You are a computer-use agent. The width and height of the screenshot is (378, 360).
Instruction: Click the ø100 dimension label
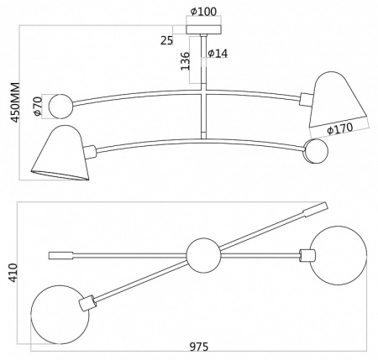203,12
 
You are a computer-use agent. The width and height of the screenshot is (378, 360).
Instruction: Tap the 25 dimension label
167,41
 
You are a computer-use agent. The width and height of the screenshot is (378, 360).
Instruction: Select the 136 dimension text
185,61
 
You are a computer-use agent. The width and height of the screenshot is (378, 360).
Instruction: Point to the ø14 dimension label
218,53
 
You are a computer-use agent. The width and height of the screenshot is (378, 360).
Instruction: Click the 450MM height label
15,102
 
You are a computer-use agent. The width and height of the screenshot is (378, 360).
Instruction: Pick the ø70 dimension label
37,106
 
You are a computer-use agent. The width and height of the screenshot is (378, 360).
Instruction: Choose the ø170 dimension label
340,128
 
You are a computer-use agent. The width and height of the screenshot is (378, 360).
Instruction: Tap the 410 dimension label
13,273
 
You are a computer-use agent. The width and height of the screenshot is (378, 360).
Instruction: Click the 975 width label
199,347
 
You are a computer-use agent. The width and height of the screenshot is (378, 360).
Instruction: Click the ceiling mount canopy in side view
204,29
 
